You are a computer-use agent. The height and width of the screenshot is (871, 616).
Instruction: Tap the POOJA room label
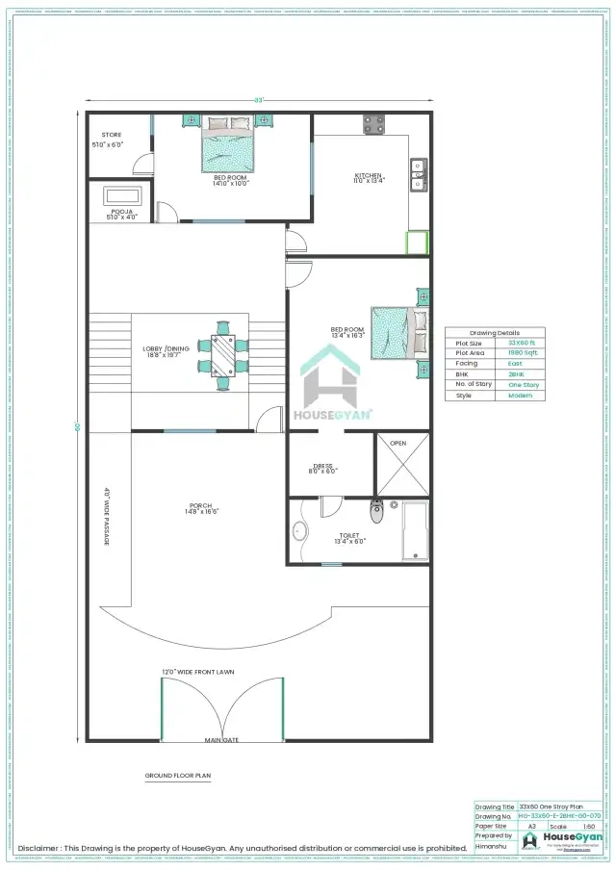pyautogui.click(x=121, y=211)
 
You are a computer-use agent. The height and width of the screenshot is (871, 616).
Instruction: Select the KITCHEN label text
pyautogui.click(x=369, y=175)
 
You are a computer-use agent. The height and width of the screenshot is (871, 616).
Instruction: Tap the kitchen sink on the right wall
pyautogui.click(x=419, y=174)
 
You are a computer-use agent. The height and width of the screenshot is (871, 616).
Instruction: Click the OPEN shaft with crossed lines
pyautogui.click(x=403, y=465)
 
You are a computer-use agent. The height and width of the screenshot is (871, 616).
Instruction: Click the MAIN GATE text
pyautogui.click(x=220, y=740)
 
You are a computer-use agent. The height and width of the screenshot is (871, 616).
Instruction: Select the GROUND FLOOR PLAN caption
pyautogui.click(x=178, y=774)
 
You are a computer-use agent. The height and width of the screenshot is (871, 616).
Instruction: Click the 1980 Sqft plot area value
pyautogui.click(x=524, y=353)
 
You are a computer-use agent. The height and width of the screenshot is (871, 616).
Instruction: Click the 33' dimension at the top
pyautogui.click(x=258, y=99)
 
